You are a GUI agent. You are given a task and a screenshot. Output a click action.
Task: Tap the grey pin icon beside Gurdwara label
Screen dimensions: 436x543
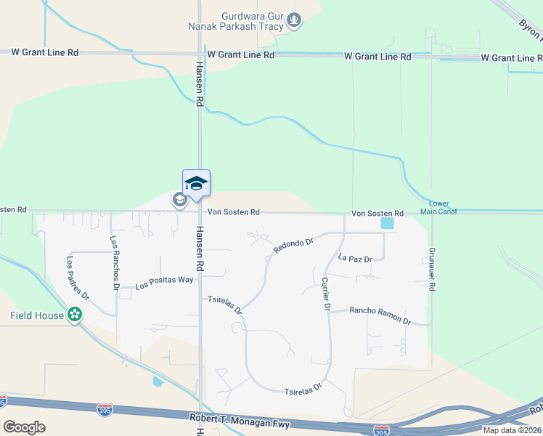click(294, 21)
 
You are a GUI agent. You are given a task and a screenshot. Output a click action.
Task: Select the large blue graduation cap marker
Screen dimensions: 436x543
click(196, 182)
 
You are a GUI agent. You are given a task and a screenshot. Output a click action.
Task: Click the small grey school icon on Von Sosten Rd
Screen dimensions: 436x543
click(179, 200)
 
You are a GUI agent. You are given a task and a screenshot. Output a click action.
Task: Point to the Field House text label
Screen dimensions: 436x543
click(37, 315)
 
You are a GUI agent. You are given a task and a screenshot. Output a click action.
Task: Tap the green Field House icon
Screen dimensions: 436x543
click(74, 315)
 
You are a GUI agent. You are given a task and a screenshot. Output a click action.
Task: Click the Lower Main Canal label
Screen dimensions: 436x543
click(443, 208)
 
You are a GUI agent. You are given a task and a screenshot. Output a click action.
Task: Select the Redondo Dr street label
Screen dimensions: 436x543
click(293, 245)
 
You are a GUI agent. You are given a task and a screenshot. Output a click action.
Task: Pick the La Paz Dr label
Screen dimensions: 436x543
click(355, 259)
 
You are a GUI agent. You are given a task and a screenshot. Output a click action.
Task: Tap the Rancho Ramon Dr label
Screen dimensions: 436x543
click(380, 315)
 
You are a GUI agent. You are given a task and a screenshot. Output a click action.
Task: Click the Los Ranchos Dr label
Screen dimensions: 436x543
click(114, 262)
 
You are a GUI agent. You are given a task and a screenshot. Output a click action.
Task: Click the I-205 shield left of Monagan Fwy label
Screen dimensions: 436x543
click(105, 411)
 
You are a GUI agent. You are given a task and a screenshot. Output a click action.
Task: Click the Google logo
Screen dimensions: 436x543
click(25, 427)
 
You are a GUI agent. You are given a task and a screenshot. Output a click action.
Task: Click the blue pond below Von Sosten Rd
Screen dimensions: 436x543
click(388, 224)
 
